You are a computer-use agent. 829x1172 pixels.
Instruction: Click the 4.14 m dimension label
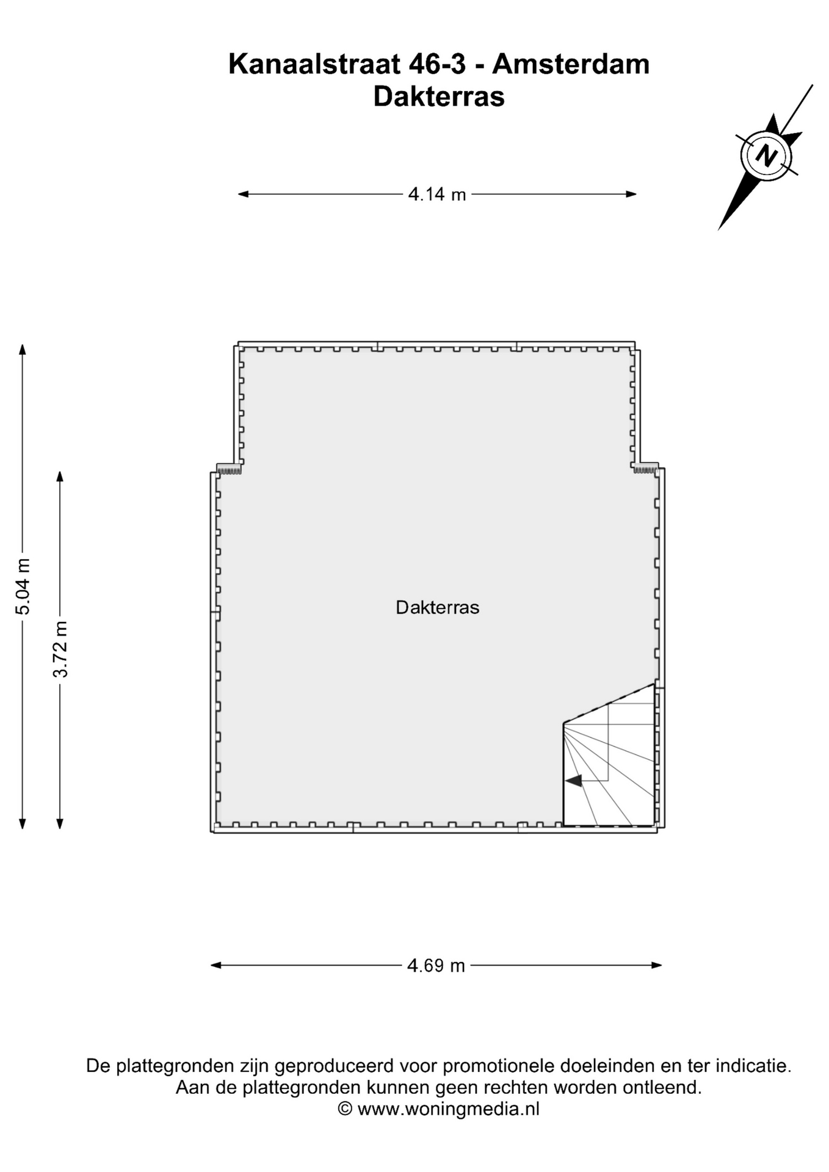point(436,194)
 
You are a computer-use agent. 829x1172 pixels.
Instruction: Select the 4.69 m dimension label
point(436,965)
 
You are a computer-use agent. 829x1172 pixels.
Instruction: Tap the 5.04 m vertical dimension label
point(23,586)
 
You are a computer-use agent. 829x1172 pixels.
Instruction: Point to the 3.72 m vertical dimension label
point(60,649)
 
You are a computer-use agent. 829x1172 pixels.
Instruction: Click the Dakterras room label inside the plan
point(437,607)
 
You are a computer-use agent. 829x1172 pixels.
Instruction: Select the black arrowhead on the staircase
point(573,780)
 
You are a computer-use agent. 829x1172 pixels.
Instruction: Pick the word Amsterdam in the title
point(571,64)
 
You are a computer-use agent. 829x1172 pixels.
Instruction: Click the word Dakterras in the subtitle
point(439,96)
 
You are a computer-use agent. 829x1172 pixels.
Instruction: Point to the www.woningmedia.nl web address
point(449,1109)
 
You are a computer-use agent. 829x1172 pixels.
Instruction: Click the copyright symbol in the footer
point(345,1109)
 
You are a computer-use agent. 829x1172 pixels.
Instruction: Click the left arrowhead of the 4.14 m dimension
point(242,194)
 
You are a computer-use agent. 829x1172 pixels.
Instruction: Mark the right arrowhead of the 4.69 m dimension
point(657,965)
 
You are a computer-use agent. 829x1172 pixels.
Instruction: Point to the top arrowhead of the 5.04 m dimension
point(23,349)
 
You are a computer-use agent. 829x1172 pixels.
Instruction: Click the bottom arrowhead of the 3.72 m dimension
point(60,824)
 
